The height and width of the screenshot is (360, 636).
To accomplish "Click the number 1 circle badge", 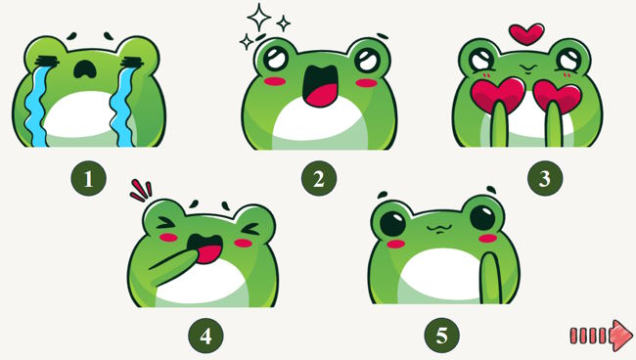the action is pyautogui.click(x=88, y=178).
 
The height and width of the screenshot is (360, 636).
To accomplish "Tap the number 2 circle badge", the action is pyautogui.click(x=319, y=178).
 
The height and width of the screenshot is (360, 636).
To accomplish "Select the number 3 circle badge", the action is pyautogui.click(x=545, y=178).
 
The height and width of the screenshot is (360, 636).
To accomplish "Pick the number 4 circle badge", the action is pyautogui.click(x=205, y=336).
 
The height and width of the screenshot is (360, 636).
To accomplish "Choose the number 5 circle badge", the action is pyautogui.click(x=441, y=336).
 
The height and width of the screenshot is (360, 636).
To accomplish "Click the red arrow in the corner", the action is pyautogui.click(x=602, y=336).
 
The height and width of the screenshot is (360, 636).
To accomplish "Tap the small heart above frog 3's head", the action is pyautogui.click(x=526, y=34).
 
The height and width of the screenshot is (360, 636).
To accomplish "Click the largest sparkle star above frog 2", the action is pyautogui.click(x=258, y=17).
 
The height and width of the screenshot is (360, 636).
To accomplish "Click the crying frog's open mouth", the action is pyautogui.click(x=85, y=69).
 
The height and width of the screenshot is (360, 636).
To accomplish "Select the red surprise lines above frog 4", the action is pyautogui.click(x=141, y=191).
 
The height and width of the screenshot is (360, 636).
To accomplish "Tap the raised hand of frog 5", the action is pyautogui.click(x=491, y=279).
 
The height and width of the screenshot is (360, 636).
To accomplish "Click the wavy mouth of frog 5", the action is pyautogui.click(x=437, y=229).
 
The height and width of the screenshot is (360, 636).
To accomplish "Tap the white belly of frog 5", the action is pyautogui.click(x=440, y=276).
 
